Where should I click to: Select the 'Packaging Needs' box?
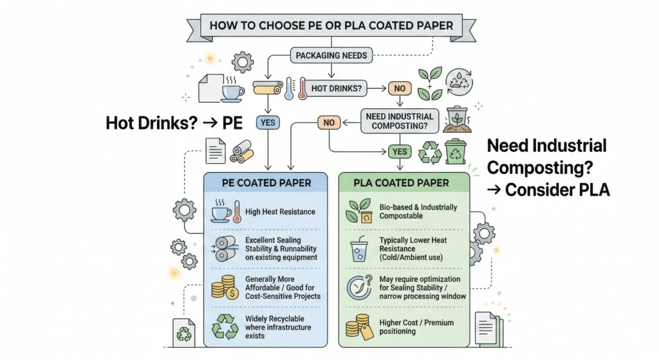(331, 55)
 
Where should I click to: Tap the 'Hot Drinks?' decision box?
(334, 88)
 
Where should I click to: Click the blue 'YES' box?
(266, 121)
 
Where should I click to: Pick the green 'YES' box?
(398, 151)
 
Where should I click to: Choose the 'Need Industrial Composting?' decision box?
(399, 120)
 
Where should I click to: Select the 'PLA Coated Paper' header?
(402, 183)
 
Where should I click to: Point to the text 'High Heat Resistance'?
(281, 211)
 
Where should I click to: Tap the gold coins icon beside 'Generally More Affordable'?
(224, 287)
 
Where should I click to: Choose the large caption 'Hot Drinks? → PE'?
(173, 122)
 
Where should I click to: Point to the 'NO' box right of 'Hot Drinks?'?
(400, 88)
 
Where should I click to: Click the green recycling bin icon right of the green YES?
(454, 151)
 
